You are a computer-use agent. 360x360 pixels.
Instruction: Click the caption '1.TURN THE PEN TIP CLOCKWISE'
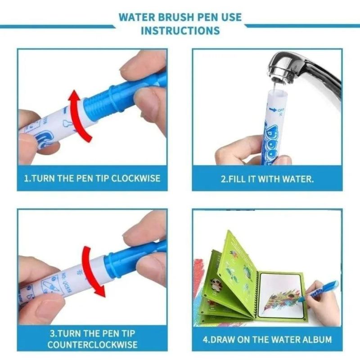92,178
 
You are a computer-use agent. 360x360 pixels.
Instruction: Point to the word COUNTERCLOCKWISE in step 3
92,345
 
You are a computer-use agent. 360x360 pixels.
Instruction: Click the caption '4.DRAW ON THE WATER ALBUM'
267,339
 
